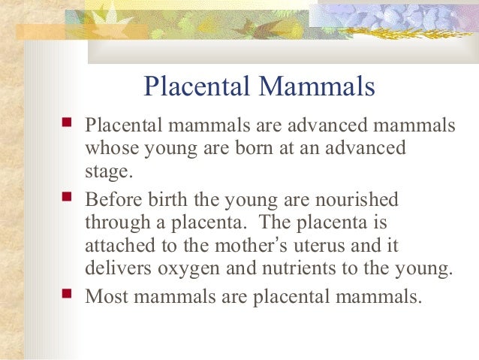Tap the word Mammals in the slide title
(x=315, y=87)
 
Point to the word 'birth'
(x=168, y=201)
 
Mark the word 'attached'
(x=119, y=247)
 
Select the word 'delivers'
(x=116, y=271)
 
